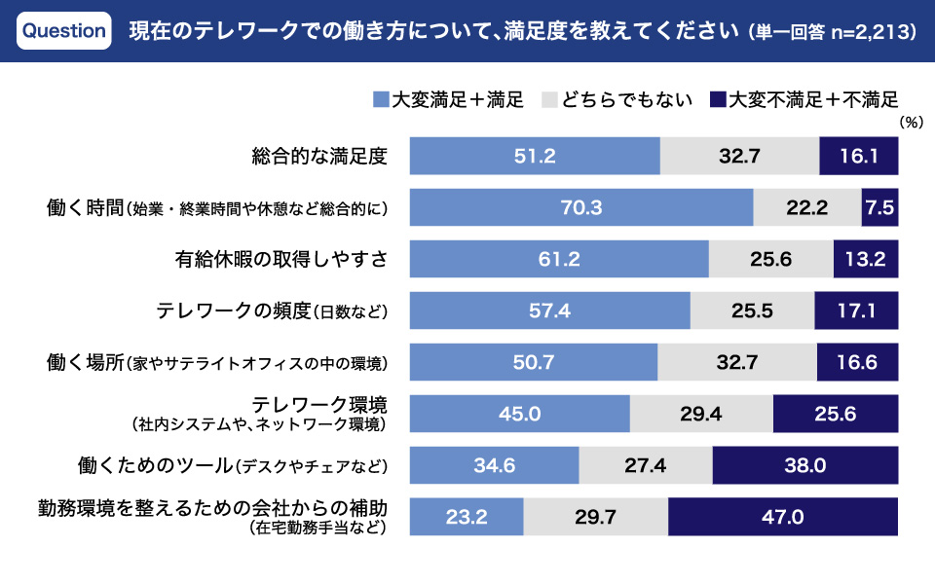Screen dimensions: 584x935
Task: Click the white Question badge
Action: click(x=63, y=30)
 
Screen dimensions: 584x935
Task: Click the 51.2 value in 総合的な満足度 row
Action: click(x=535, y=156)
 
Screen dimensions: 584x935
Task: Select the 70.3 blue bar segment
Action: click(x=581, y=207)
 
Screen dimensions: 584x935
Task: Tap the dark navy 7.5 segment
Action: click(x=879, y=207)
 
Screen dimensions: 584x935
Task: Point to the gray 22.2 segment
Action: click(x=807, y=207)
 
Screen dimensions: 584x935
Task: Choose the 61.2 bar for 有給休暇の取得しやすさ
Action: click(x=559, y=259)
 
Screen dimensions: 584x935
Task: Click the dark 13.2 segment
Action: click(x=866, y=259)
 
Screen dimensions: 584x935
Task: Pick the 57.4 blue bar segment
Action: click(x=549, y=310)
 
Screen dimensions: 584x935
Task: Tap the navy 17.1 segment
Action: click(x=856, y=310)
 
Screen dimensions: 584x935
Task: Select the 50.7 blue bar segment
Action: click(x=534, y=362)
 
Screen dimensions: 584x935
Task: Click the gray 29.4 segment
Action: click(x=701, y=414)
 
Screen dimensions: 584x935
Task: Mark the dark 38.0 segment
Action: click(x=804, y=465)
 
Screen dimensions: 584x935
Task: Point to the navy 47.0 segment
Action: click(x=783, y=517)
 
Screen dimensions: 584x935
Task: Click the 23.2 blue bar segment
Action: click(x=467, y=517)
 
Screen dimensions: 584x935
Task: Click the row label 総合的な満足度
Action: click(x=319, y=156)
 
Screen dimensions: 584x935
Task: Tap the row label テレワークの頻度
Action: click(x=234, y=310)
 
